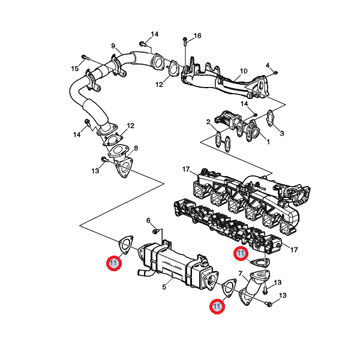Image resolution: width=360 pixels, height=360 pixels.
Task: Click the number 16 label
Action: point(197,36)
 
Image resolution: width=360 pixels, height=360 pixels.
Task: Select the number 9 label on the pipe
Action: point(113,46)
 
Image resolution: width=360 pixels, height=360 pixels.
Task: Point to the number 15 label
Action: point(75,69)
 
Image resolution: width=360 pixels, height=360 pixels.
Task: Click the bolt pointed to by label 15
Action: point(84,58)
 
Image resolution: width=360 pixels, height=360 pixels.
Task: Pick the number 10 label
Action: point(244,71)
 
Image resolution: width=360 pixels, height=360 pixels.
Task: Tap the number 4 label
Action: point(268,65)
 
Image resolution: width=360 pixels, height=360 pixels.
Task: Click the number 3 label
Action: point(282,133)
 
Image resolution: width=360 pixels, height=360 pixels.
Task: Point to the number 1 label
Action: point(268,142)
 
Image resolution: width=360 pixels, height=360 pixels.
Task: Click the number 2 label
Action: point(208,122)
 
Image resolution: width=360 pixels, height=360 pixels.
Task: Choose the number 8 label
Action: point(136,148)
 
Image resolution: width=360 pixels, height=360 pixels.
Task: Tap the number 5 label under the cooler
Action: point(163,287)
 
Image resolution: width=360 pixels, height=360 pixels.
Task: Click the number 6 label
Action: point(149,220)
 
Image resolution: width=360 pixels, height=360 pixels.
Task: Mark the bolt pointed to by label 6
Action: point(155,231)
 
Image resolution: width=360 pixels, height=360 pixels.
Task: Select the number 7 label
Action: point(241,274)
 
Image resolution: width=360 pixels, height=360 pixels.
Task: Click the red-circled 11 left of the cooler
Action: point(113,263)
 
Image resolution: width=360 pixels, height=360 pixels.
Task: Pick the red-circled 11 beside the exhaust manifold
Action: point(241,253)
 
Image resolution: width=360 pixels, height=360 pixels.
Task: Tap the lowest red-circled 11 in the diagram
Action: point(217,307)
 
